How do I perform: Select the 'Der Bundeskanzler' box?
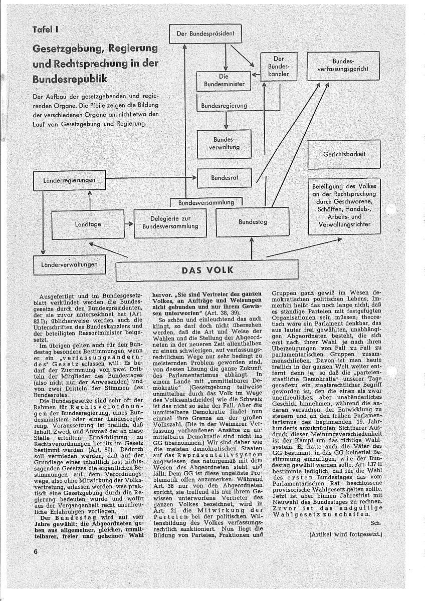click(275, 66)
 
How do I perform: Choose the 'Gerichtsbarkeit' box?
click(344, 154)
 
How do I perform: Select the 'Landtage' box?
click(88, 224)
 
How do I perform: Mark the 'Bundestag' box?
click(253, 221)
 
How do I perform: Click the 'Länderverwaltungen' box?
click(70, 263)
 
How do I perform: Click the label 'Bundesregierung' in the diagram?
click(224, 106)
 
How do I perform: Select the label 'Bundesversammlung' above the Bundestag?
click(206, 203)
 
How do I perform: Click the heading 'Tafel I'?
click(46, 29)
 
